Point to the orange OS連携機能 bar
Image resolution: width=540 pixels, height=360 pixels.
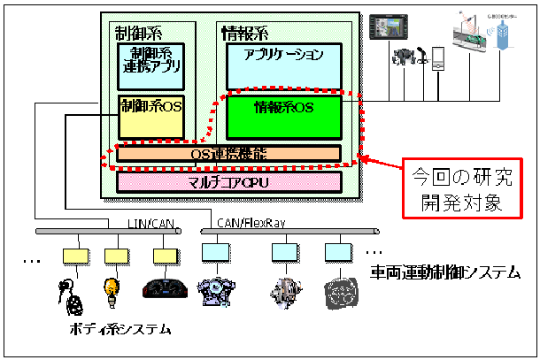pos(228,153)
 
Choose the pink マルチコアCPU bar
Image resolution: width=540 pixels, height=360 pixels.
pos(228,182)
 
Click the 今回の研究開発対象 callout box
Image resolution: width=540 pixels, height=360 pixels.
pos(459,188)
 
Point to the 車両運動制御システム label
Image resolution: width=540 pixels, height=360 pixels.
pos(444,275)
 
